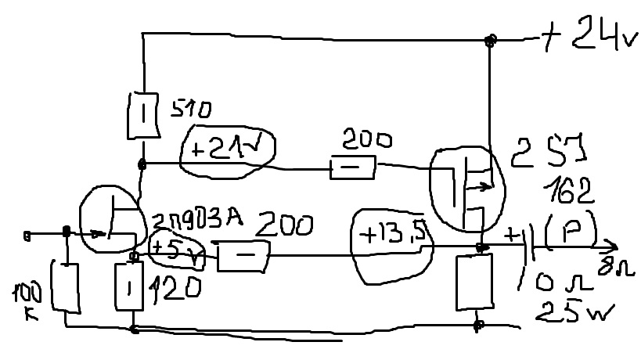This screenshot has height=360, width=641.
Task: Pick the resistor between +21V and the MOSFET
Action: pyautogui.click(x=352, y=167)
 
